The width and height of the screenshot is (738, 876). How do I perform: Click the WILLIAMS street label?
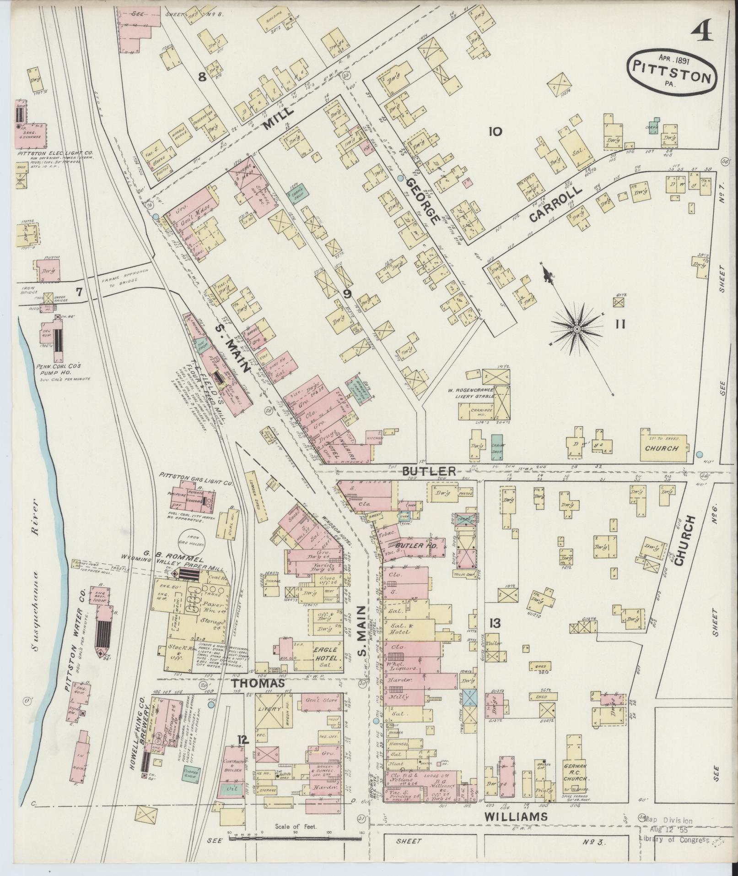click(x=515, y=816)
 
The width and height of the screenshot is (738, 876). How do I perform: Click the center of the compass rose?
click(x=577, y=329)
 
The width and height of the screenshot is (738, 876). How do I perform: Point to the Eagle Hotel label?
click(x=325, y=653)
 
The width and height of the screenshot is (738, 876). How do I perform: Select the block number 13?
click(x=495, y=623)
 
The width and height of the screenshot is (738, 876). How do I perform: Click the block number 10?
click(x=495, y=132)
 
